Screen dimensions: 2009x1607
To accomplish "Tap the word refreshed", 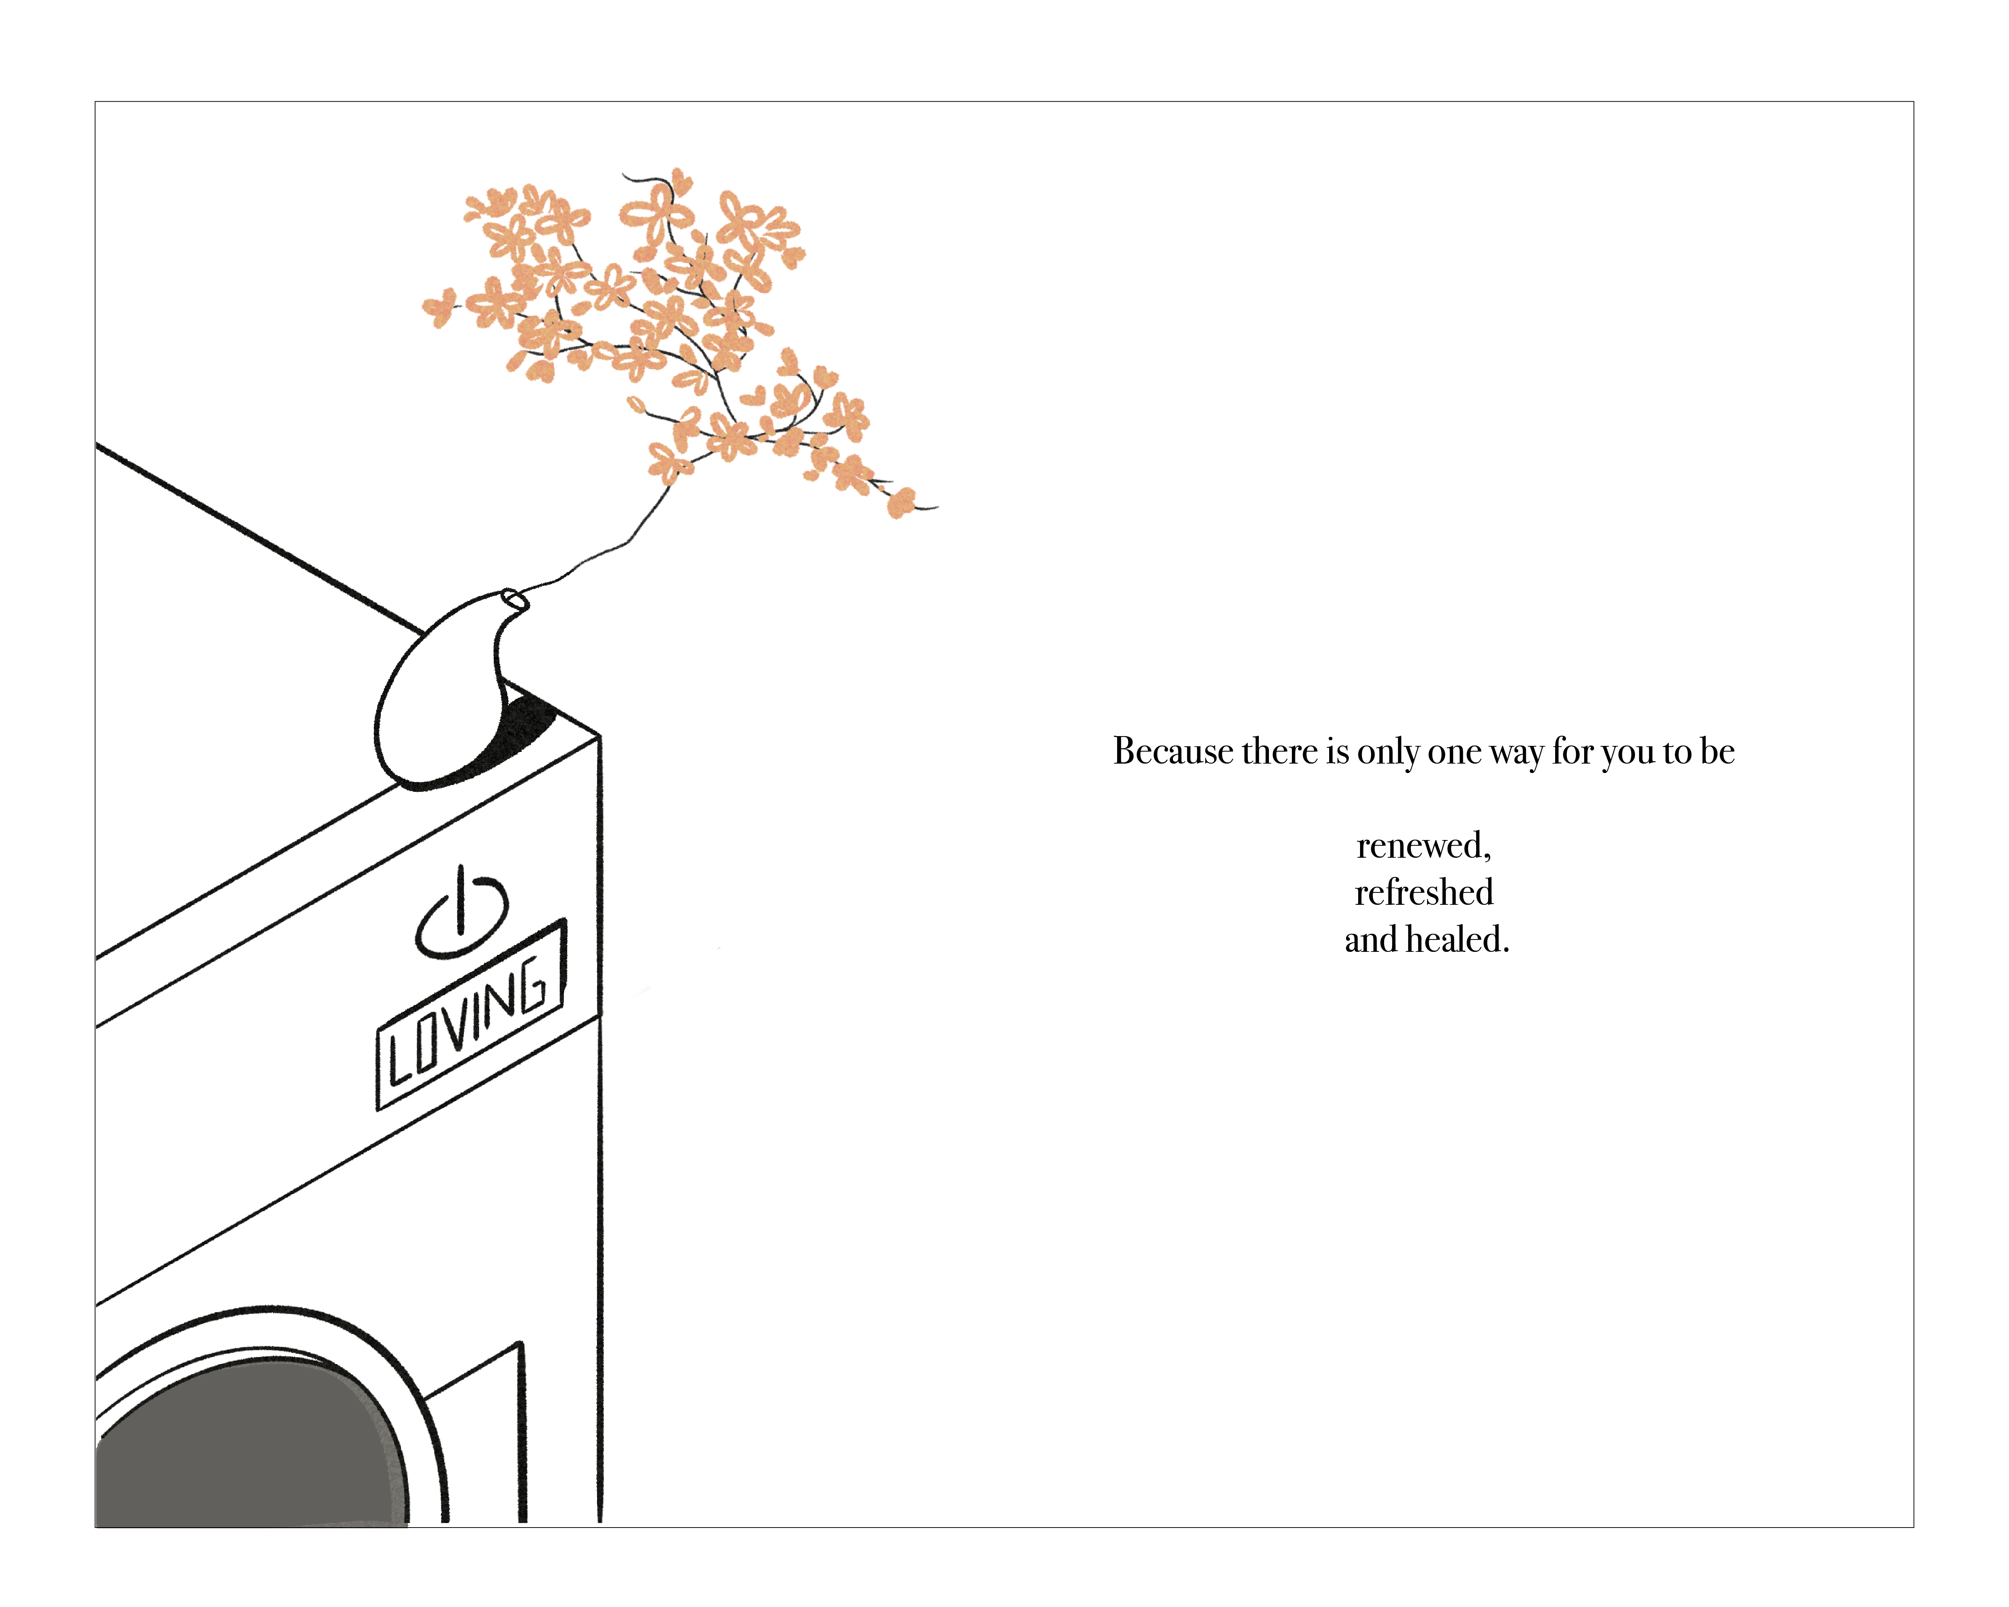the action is click(x=1423, y=892).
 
